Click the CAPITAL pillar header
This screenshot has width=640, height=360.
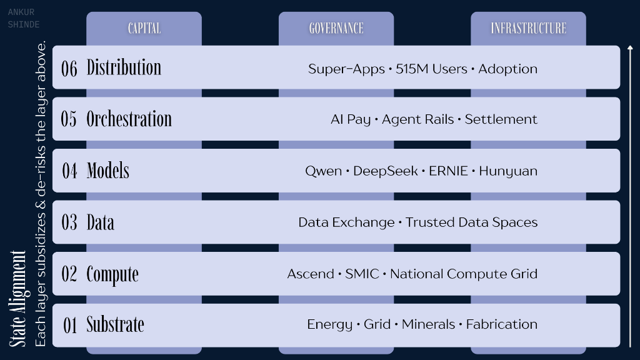click(x=144, y=28)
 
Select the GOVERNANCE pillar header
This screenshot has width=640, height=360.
click(x=336, y=28)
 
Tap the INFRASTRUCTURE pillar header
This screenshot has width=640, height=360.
click(x=529, y=28)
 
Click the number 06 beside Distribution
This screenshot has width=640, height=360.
click(x=69, y=69)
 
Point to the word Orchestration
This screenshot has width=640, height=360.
click(x=129, y=119)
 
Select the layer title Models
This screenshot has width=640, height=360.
click(x=107, y=170)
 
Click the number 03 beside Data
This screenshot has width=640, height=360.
click(x=69, y=222)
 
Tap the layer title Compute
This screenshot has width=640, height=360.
click(x=112, y=274)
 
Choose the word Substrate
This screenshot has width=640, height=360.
click(x=115, y=324)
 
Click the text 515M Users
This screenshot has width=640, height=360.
click(x=431, y=69)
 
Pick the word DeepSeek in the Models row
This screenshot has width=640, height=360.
click(x=385, y=171)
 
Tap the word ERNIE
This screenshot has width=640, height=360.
click(x=448, y=171)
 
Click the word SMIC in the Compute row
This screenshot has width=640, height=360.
click(x=362, y=274)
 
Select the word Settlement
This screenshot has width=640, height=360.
click(x=501, y=119)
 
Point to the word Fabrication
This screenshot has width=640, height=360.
click(x=502, y=324)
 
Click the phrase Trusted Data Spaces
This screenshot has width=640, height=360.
click(x=471, y=222)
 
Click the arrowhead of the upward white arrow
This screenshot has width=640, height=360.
click(x=630, y=48)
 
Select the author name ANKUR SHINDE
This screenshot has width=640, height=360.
click(x=24, y=18)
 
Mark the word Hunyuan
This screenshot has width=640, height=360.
click(x=508, y=171)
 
